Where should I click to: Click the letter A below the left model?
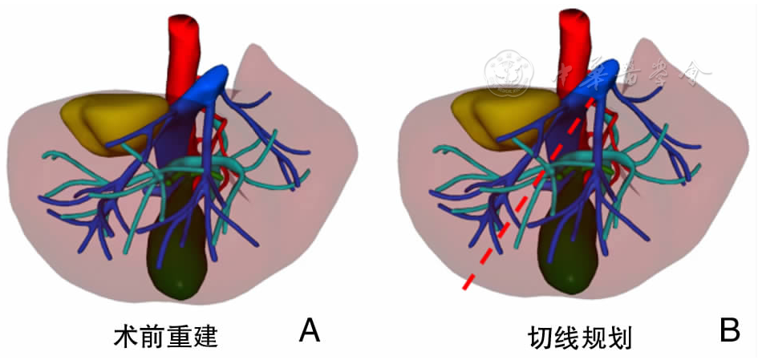pyautogui.click(x=309, y=330)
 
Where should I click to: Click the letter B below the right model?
pyautogui.click(x=729, y=330)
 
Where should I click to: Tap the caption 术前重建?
pyautogui.click(x=165, y=337)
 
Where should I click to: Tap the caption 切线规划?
pyautogui.click(x=581, y=337)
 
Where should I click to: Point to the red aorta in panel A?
pyautogui.click(x=183, y=48)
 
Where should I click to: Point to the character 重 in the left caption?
pyautogui.click(x=179, y=337)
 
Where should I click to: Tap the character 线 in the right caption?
pyautogui.click(x=567, y=337)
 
